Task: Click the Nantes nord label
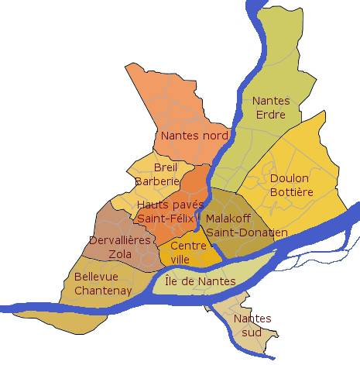pos(194,136)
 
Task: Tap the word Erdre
pos(270,115)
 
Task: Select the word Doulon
pos(290,178)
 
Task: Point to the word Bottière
pos(290,191)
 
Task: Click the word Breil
pos(166,167)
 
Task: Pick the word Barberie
pos(157,181)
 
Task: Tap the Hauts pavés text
pos(164,205)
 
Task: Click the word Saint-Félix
pos(165,218)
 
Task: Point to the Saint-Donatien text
pos(247,232)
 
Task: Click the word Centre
pos(188,246)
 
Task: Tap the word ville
pos(180,259)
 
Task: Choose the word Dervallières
pos(120,240)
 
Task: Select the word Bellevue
pos(96,277)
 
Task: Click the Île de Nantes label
pos(200,281)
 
